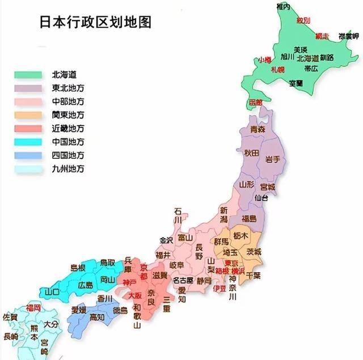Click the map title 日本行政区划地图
(x=95, y=22)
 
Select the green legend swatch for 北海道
(x=28, y=75)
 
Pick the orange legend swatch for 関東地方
(x=28, y=115)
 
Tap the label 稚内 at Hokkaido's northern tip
(x=283, y=6)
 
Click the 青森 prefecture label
(x=258, y=130)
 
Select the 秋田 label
(x=251, y=154)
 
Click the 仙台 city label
(x=261, y=198)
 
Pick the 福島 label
(x=249, y=218)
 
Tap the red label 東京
(x=231, y=263)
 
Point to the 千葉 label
(x=254, y=276)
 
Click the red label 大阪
(x=135, y=296)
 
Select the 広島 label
(x=86, y=285)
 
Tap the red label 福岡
(x=33, y=307)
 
